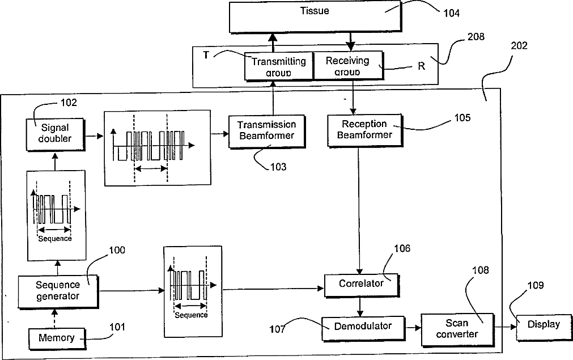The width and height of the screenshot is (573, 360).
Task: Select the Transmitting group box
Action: pos(278,66)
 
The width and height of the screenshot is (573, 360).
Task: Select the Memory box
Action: pos(57,338)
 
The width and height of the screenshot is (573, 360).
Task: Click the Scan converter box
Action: pos(457,329)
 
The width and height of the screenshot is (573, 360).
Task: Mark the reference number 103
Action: pos(278,167)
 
